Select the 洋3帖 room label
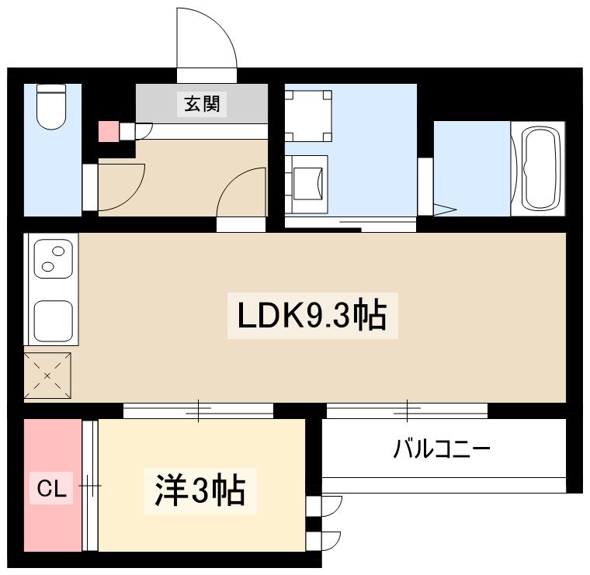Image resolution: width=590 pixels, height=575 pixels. pyautogui.click(x=200, y=490)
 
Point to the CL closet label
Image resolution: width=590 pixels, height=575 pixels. pyautogui.click(x=53, y=490)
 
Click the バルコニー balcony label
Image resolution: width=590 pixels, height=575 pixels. pyautogui.click(x=442, y=449)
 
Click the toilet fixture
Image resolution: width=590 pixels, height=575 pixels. pyautogui.click(x=52, y=108)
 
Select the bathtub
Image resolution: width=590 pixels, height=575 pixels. pyautogui.click(x=540, y=168)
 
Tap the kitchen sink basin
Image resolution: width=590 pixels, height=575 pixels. pyautogui.click(x=54, y=320)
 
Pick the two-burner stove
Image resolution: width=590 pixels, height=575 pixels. pyautogui.click(x=53, y=259)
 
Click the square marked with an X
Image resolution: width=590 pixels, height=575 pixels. pyautogui.click(x=47, y=376)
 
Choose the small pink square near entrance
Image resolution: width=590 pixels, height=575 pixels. pyautogui.click(x=107, y=131)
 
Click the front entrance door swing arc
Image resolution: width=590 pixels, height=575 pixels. pyautogui.click(x=206, y=39)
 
